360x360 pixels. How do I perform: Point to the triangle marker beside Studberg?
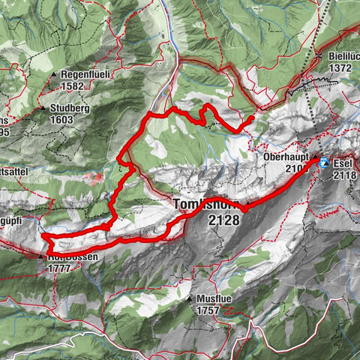click(43, 108)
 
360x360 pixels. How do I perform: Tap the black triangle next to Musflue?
click(190, 298)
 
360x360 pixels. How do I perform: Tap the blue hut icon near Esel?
click(324, 162)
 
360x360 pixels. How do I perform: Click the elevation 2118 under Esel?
click(346, 174)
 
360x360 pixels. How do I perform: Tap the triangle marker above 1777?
click(40, 256)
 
